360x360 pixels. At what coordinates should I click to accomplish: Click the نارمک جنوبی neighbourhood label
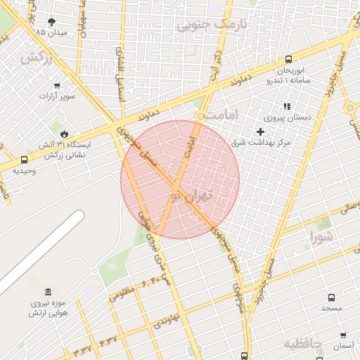(212, 25)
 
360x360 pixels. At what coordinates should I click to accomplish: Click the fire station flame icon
(65, 133)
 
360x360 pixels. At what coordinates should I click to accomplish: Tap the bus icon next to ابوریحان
(289, 60)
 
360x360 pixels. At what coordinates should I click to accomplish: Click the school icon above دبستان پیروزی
(286, 106)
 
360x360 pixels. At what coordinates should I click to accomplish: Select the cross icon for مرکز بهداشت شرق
(260, 131)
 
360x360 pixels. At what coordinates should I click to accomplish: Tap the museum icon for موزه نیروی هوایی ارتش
(48, 292)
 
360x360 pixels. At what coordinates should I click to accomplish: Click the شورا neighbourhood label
(321, 238)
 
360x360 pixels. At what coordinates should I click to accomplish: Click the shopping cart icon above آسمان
(342, 335)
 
